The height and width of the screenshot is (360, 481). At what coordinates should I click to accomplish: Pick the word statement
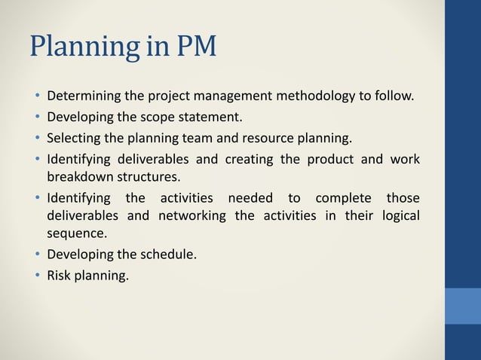coord(210,117)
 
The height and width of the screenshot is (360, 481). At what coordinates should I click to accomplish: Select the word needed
coord(250,199)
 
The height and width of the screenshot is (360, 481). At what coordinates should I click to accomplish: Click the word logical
coord(398,217)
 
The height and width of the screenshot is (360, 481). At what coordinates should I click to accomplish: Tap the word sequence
coord(74,235)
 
